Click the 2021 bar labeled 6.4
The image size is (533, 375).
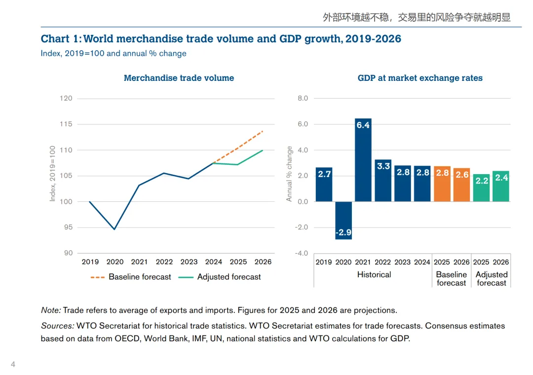click(x=363, y=160)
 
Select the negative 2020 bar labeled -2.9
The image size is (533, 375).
click(x=343, y=221)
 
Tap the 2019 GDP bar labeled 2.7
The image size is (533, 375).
click(x=324, y=185)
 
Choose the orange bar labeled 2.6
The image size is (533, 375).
click(x=462, y=185)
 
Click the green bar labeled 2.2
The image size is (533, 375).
click(x=481, y=188)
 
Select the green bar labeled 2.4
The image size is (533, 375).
click(x=501, y=187)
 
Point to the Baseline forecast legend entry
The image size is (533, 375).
click(x=131, y=277)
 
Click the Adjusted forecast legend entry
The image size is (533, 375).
click(x=220, y=277)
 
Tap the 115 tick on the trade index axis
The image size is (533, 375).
click(x=66, y=124)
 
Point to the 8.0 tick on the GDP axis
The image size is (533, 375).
click(x=303, y=98)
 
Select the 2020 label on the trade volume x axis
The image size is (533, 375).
click(x=115, y=262)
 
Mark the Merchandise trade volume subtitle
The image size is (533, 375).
click(x=179, y=78)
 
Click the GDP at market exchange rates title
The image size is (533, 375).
click(x=420, y=78)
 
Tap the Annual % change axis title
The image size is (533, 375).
click(x=290, y=174)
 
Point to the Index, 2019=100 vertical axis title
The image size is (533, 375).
click(x=53, y=173)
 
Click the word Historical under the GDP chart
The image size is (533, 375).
click(x=374, y=274)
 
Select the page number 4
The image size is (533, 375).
click(x=13, y=365)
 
